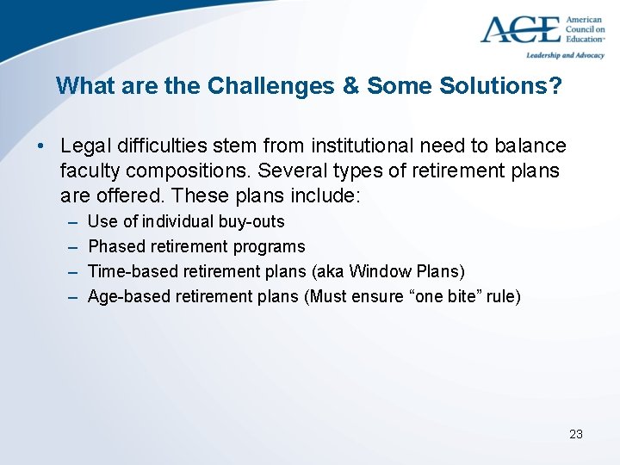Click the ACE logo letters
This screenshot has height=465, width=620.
point(519,29)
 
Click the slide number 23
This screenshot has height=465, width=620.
point(576,434)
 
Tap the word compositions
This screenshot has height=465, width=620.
point(186,171)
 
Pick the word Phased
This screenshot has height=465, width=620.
point(115,247)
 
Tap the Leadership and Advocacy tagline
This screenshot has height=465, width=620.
point(565,55)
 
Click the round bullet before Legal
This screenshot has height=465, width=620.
point(41,147)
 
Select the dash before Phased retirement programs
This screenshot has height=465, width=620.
point(70,247)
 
